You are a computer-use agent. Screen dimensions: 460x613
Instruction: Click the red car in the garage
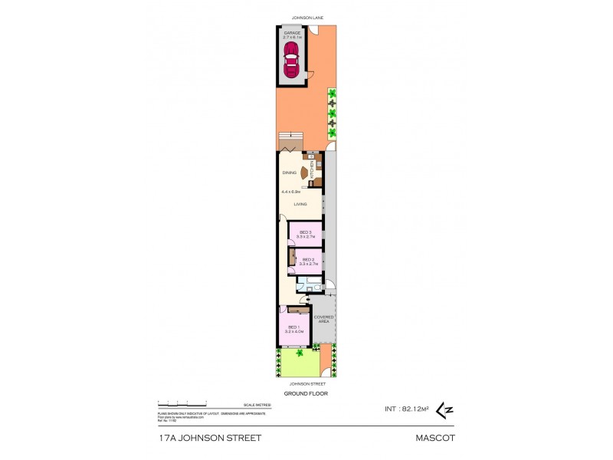[x=292, y=60]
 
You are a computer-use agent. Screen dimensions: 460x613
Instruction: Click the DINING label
[x=289, y=172]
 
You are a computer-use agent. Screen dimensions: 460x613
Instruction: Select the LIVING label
[x=300, y=203]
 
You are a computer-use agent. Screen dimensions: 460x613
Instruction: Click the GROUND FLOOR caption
[x=306, y=393]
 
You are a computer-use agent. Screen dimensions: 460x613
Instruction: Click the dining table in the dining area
[x=305, y=173]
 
